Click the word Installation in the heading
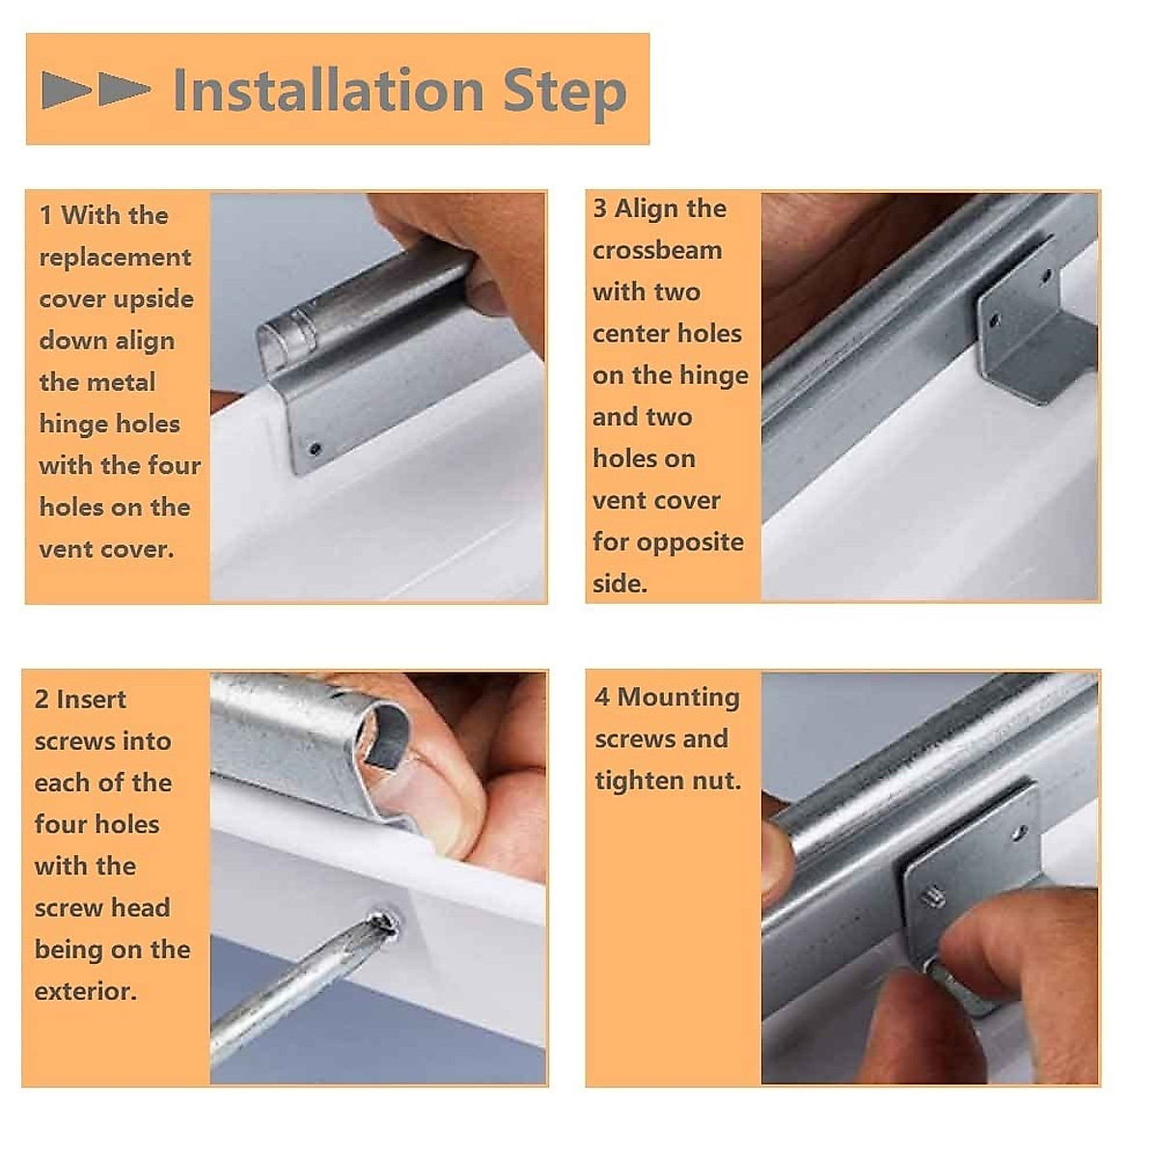pyautogui.click(x=328, y=90)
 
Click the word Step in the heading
pyautogui.click(x=565, y=95)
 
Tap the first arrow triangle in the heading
pyautogui.click(x=67, y=90)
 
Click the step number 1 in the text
pyautogui.click(x=45, y=215)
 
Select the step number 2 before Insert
pyautogui.click(x=41, y=700)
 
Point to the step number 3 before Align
pyautogui.click(x=599, y=208)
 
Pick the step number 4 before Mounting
pyautogui.click(x=602, y=697)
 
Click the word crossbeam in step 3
pyautogui.click(x=657, y=251)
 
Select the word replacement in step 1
pyautogui.click(x=115, y=259)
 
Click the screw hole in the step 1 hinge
pyautogui.click(x=315, y=449)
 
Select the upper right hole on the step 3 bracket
pyautogui.click(x=1046, y=278)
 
